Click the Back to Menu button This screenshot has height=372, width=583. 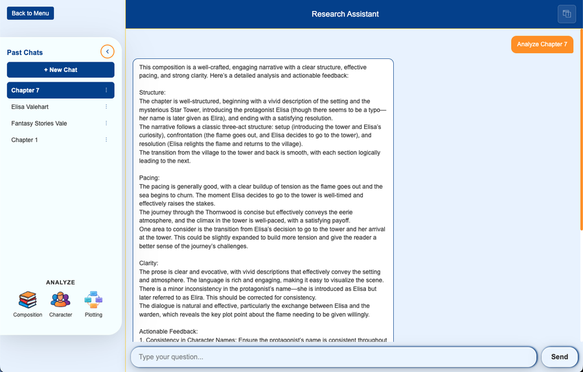click(30, 13)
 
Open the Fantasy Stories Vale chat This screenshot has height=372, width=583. click(39, 123)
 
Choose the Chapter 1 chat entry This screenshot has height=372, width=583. click(25, 140)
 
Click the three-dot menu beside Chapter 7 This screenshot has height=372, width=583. click(106, 90)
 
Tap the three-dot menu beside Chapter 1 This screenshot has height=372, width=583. click(106, 140)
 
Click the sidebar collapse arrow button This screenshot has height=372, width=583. click(108, 52)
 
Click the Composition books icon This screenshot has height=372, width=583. click(28, 300)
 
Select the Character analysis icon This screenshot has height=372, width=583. click(60, 300)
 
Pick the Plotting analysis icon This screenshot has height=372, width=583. click(93, 300)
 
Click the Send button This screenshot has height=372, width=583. click(559, 356)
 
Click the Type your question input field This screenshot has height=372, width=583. click(334, 356)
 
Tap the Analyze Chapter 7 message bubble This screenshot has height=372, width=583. click(542, 44)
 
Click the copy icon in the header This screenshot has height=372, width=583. click(566, 14)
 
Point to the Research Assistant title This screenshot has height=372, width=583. click(345, 14)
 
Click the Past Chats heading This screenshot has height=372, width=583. click(25, 52)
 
